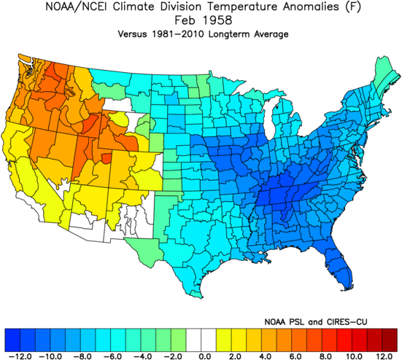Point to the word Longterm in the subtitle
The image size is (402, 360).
pos(230,34)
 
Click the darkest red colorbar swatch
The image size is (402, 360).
pos(390,340)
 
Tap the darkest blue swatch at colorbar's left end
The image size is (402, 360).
pos(12,340)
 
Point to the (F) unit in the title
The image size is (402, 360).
pos(353,7)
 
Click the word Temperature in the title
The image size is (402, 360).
pos(242,7)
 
